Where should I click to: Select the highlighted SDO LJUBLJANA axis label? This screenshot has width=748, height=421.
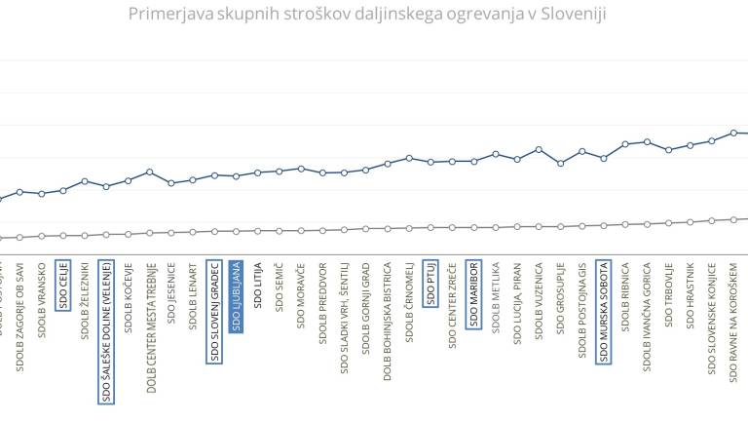236,295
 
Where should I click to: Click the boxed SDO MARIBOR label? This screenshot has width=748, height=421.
473,294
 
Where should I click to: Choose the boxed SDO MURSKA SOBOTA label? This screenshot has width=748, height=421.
603,311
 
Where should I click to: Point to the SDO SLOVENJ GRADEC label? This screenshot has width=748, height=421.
214,311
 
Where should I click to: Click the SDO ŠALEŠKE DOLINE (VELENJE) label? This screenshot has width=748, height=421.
106,331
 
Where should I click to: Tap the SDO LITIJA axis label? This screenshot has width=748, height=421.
257,285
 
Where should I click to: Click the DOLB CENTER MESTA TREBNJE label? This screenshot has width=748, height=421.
150,325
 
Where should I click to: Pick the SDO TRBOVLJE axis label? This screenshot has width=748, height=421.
668,292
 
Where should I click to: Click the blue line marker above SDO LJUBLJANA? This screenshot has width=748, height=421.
236,176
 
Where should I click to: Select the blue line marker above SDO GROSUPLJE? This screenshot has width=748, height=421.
560,163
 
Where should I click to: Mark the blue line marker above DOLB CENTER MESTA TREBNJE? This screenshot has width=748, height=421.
150,172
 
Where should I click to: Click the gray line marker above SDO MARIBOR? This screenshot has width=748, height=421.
473,227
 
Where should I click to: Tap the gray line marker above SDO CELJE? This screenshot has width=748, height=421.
63,235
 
